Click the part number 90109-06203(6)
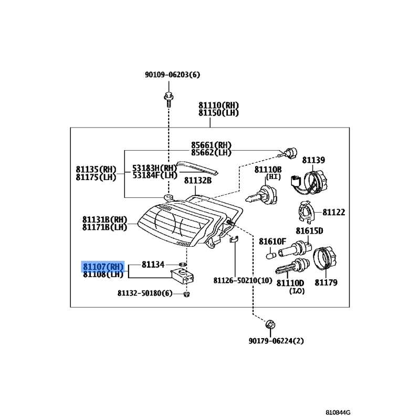pos(173,75)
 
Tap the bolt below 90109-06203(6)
pos(169,99)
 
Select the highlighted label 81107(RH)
pos(103,267)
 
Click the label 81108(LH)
pos(103,274)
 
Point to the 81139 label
pos(313,160)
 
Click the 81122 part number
pos(334,212)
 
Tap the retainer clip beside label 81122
pos(306,213)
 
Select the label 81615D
pos(309,230)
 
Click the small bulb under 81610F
pos(271,255)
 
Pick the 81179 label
pos(326,282)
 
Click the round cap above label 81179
pos(324,259)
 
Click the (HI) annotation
pos(273,177)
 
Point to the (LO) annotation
pos(297,291)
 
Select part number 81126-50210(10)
pos(243,280)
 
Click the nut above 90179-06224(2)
pos(270,324)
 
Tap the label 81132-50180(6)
pos(145,293)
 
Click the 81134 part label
pos(153,265)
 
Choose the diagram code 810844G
pos(338,413)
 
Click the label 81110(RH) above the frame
pos(218,105)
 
